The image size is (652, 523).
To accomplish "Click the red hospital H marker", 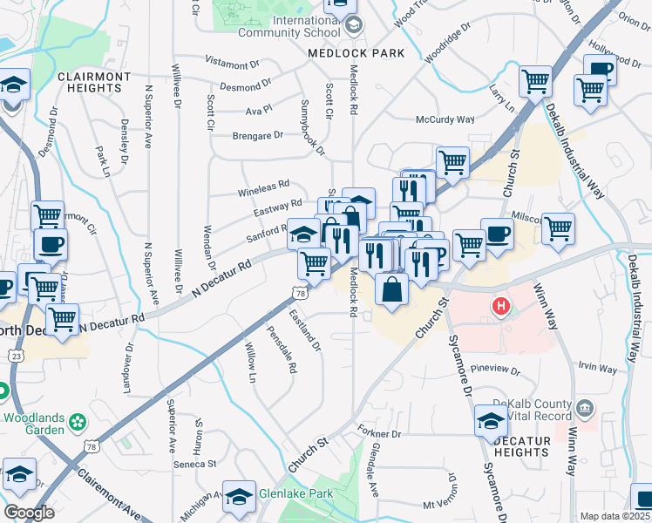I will click(x=500, y=306).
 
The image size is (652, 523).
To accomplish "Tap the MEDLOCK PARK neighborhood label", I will click(x=357, y=53).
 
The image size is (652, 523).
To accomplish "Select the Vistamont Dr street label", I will click(x=232, y=64).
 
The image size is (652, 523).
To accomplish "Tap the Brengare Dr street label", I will click(x=258, y=135).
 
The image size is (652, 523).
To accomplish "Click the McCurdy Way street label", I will click(x=445, y=119).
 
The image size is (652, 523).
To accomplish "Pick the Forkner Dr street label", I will click(x=379, y=433).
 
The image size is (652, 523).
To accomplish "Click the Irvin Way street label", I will click(x=596, y=368).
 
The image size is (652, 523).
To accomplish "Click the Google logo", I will click(x=29, y=512).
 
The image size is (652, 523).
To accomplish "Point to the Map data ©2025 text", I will click(x=614, y=516).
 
